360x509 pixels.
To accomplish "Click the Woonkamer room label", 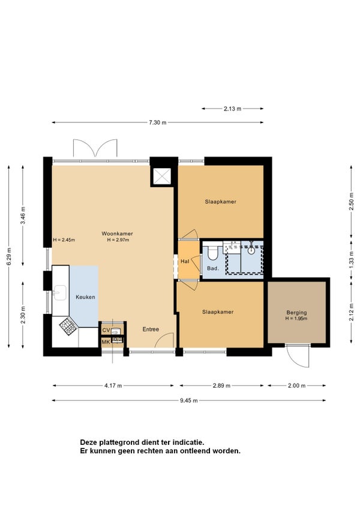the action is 117,233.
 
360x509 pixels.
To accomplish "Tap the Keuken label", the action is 85,297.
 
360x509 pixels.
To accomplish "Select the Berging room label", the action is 296,313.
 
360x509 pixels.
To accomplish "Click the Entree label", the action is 151,329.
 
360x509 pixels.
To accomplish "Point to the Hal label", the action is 185,261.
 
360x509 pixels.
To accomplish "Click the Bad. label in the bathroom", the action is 213,268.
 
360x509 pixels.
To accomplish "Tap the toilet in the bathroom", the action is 213,253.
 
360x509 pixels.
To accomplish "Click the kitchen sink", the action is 60,292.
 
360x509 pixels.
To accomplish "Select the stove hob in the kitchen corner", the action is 68,327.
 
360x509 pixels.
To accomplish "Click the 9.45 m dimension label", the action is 189,400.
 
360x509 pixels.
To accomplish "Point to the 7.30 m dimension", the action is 157,122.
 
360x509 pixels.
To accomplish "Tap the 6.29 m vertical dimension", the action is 9,256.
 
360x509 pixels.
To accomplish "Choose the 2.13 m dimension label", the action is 232,109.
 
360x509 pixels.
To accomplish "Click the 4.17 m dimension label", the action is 113,385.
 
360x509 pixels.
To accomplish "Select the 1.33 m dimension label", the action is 351,260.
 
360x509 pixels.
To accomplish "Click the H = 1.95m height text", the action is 296,319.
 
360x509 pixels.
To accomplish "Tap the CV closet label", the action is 106,331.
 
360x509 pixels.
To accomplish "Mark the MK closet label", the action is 106,342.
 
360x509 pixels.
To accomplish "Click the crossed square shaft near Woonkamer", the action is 161,176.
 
